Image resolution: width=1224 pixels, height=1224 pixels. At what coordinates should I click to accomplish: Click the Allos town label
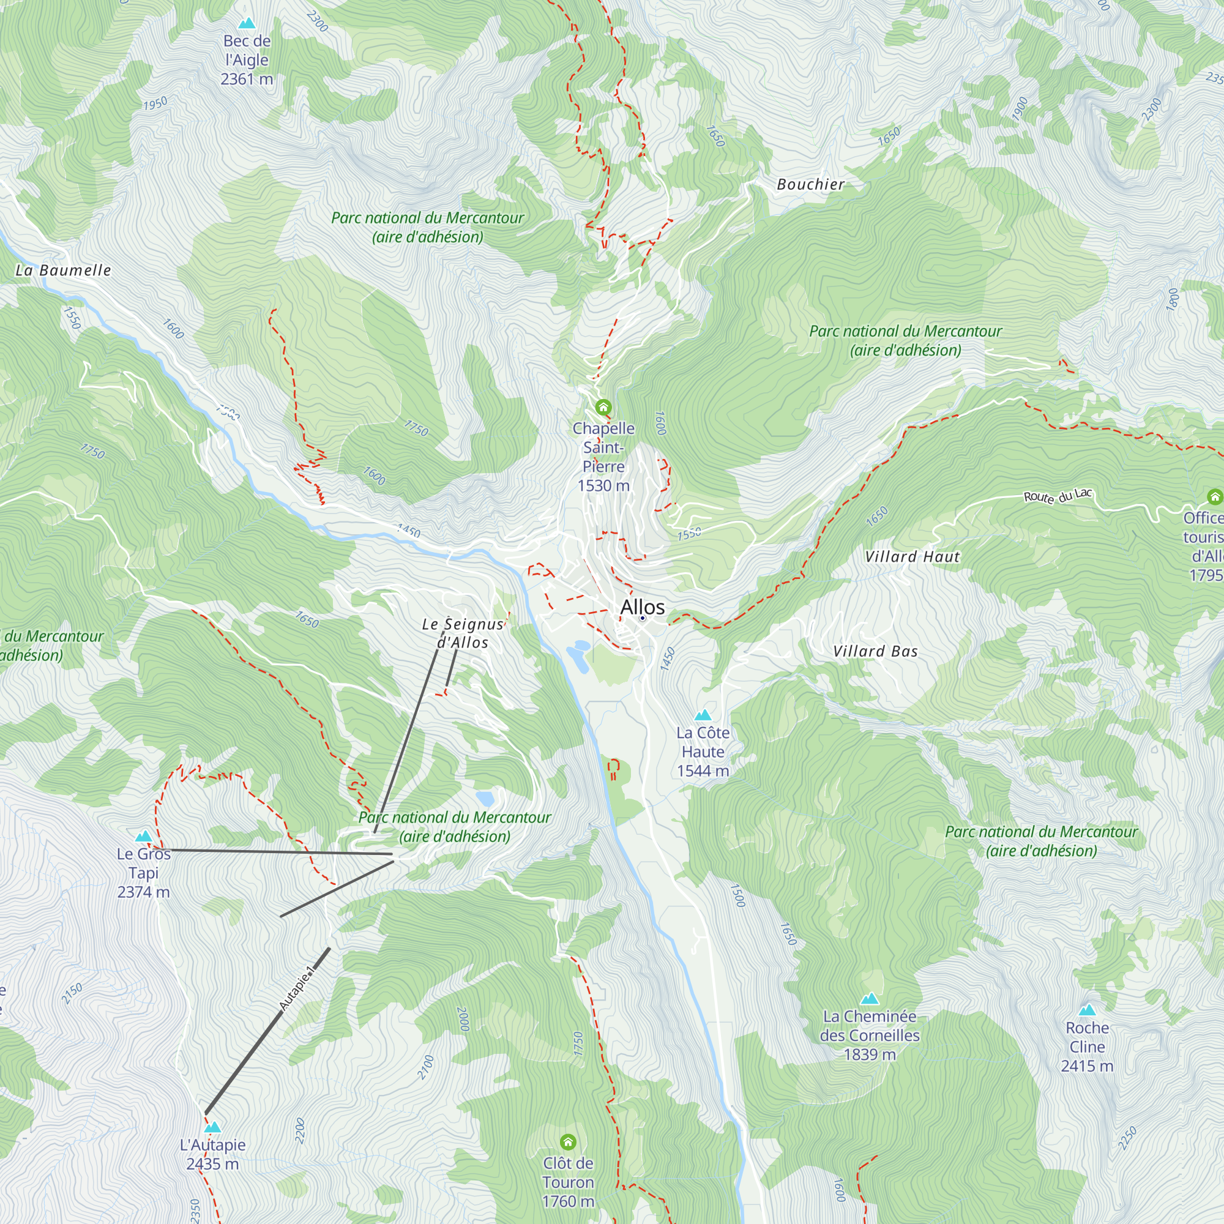(x=642, y=607)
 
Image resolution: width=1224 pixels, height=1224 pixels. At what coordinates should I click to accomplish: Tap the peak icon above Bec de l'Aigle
(x=247, y=23)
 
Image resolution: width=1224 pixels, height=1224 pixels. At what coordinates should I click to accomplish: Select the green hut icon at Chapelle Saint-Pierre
(x=603, y=407)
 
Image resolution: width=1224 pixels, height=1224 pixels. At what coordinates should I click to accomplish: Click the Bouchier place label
(x=810, y=184)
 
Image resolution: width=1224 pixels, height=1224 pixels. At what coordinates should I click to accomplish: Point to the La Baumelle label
(x=64, y=271)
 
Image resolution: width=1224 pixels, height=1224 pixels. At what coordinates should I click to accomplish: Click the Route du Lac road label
(x=1058, y=496)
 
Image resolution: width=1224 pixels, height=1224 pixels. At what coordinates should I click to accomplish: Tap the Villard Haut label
(x=912, y=557)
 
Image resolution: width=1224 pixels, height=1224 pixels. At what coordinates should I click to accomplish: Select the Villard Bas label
(x=875, y=651)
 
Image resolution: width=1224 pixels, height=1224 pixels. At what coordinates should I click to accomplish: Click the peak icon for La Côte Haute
(x=703, y=715)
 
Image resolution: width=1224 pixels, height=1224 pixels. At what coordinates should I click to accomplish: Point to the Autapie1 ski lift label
(x=296, y=988)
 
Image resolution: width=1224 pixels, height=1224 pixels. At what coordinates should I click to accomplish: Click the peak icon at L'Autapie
(x=212, y=1127)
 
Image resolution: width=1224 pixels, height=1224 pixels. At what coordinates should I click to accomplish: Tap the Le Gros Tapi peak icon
(x=144, y=836)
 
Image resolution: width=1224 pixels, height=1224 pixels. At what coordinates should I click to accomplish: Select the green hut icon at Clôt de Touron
(x=568, y=1141)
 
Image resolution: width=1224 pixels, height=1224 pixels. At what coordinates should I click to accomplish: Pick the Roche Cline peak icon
(x=1087, y=1010)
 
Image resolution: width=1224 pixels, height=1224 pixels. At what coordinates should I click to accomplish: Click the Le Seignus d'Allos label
(x=463, y=633)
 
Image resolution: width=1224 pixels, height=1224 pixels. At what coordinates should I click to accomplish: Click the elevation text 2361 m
(x=247, y=79)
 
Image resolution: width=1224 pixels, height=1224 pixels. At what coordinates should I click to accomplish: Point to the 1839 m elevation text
(x=869, y=1055)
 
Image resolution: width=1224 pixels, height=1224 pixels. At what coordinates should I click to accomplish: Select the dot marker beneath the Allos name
(x=642, y=618)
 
